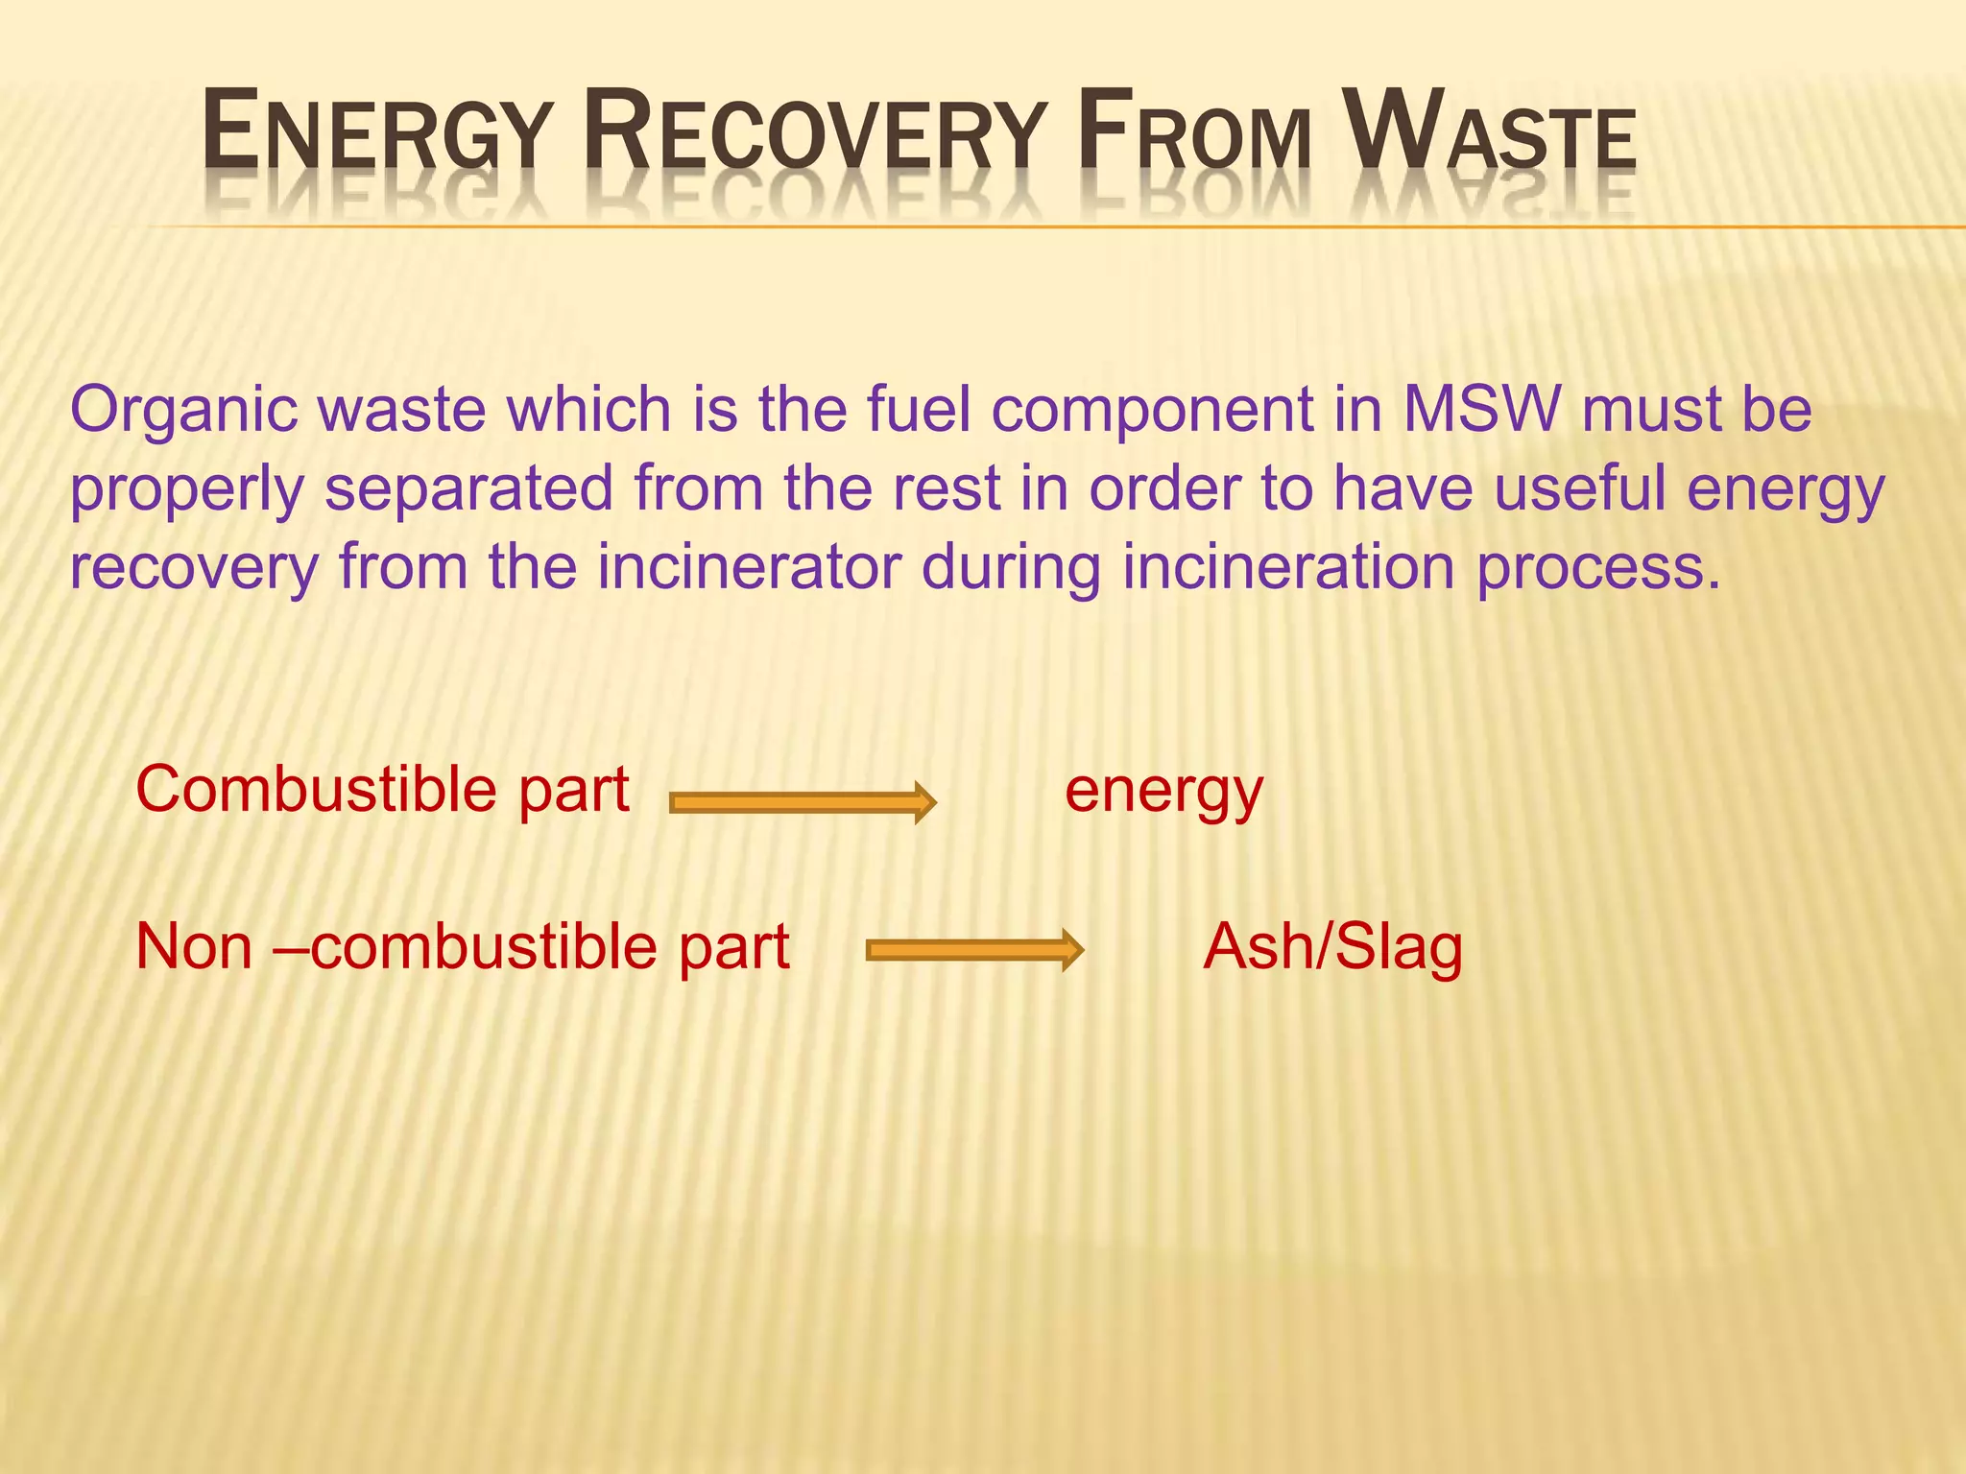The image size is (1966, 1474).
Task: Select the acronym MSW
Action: (1482, 410)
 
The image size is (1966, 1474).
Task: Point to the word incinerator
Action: (749, 567)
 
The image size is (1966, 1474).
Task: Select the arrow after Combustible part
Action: (802, 802)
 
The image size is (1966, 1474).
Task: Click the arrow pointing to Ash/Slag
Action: (974, 950)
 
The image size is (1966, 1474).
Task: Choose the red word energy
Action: (1163, 793)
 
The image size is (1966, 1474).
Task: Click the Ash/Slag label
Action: (1332, 948)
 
